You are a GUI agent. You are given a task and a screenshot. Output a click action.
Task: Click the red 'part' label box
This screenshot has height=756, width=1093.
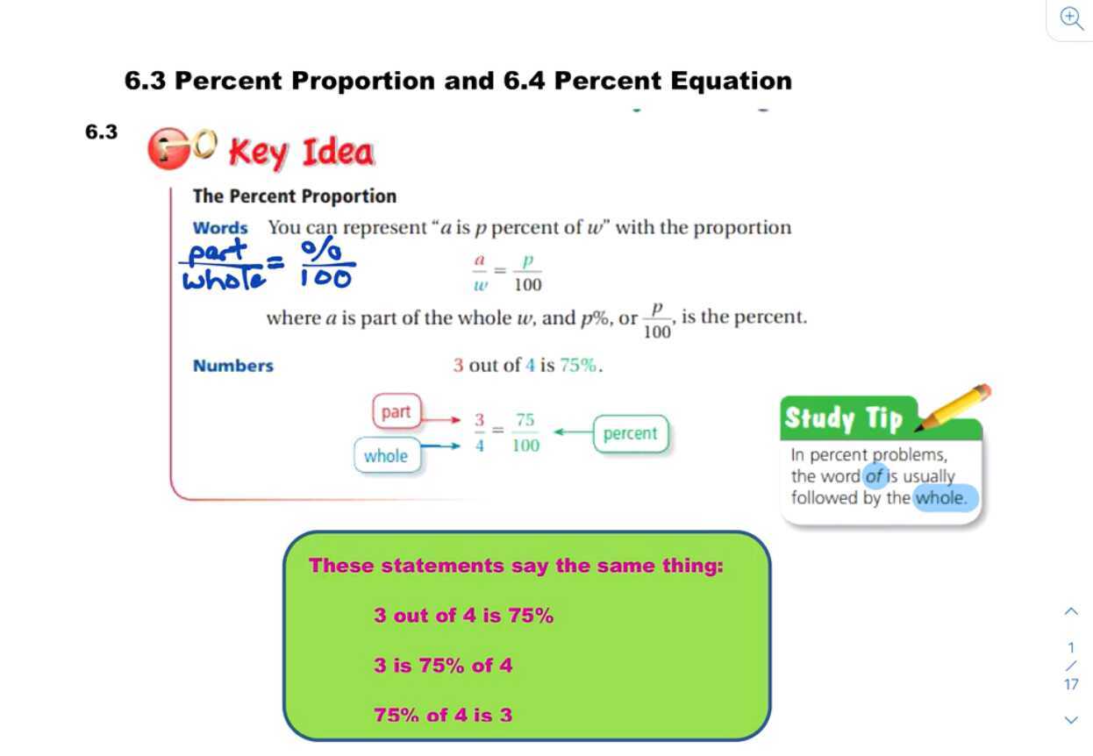pos(396,412)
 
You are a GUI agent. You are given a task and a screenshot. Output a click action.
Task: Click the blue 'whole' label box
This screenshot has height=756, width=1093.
pos(386,456)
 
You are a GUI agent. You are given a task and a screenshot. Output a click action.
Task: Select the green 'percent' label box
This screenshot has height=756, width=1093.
pos(630,433)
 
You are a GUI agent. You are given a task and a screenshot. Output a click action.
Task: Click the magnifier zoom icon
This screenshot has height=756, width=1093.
pos(1071,18)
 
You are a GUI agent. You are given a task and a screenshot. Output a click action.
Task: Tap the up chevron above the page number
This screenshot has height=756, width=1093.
pos(1071,611)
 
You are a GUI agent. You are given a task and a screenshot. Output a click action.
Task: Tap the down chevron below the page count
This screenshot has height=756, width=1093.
pos(1071,720)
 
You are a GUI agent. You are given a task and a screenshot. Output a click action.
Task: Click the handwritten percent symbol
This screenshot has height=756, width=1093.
pos(323,248)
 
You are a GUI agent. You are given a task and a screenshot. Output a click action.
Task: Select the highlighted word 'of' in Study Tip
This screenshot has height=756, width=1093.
pos(874,477)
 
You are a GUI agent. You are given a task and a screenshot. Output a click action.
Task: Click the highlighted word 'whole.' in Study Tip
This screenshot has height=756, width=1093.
pos(944,498)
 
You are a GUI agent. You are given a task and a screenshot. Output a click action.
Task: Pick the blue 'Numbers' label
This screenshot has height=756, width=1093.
pos(233,366)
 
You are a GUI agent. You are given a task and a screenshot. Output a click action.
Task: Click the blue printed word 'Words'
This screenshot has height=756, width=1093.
pos(220,228)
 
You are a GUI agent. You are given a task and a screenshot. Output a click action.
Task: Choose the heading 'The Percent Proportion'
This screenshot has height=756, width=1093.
pos(295,196)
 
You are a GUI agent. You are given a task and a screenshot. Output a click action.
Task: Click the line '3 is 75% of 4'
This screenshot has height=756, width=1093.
pos(443,666)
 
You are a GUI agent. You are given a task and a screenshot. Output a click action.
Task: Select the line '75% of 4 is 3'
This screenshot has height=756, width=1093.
pos(443,715)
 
